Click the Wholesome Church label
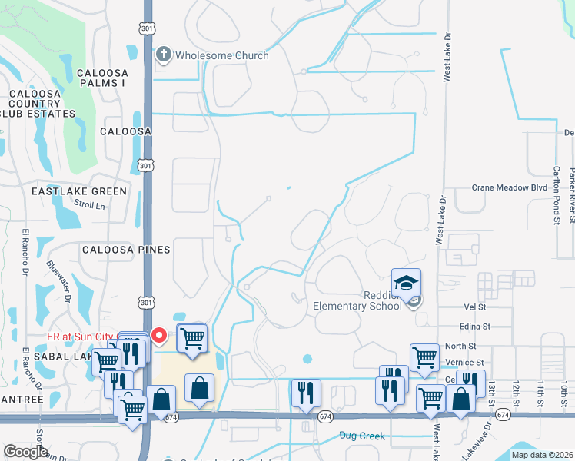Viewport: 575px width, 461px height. pyautogui.click(x=222, y=55)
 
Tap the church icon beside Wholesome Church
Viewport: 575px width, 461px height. pyautogui.click(x=163, y=55)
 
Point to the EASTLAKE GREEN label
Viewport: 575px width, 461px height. pyautogui.click(x=79, y=191)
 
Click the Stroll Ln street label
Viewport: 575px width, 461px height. pyautogui.click(x=89, y=205)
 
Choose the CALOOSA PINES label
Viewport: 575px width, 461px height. pyautogui.click(x=125, y=250)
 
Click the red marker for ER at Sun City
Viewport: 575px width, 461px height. pyautogui.click(x=159, y=336)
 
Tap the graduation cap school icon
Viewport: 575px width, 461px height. pyautogui.click(x=406, y=282)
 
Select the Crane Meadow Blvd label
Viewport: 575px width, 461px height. pyautogui.click(x=509, y=187)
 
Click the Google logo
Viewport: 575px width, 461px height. pyautogui.click(x=26, y=452)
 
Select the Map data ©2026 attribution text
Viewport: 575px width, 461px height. pyautogui.click(x=541, y=455)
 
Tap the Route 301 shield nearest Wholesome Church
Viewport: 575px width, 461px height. pyautogui.click(x=146, y=28)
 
